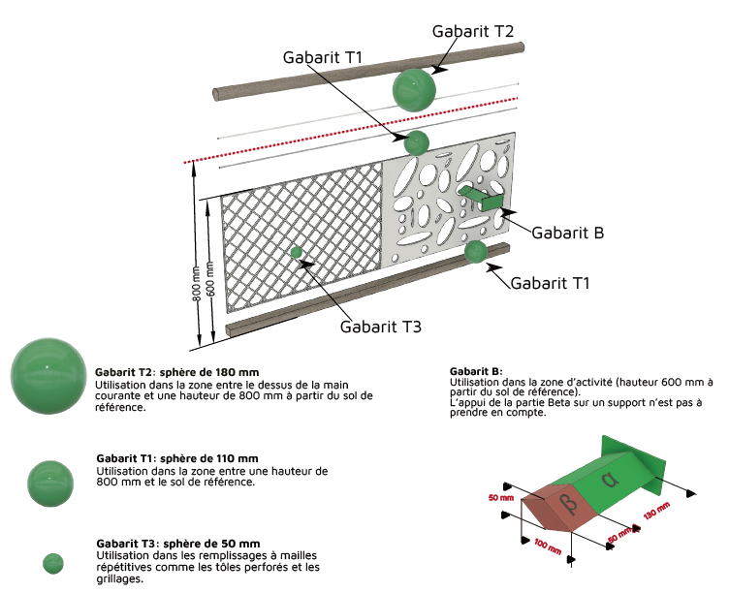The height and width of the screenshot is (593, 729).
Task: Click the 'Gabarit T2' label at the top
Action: [x=473, y=31]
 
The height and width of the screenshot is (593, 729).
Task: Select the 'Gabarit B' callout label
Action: [x=567, y=233]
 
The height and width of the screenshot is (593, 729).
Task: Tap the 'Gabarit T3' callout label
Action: [x=380, y=327]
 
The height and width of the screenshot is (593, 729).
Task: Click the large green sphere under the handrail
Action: [x=415, y=90]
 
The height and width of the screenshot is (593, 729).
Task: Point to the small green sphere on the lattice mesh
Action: [x=298, y=253]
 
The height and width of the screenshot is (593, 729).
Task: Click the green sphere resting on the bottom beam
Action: [x=475, y=252]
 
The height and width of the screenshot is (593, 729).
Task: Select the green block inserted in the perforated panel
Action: [x=482, y=199]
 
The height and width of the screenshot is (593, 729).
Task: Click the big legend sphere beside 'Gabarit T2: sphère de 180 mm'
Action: [x=48, y=375]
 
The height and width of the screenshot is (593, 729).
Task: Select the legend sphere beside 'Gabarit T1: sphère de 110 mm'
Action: [x=50, y=484]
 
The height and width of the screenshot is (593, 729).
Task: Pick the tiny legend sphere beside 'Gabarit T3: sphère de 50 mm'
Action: [x=53, y=563]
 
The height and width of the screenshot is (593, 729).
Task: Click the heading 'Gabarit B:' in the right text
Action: [x=476, y=371]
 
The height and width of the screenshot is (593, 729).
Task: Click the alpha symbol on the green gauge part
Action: [x=609, y=480]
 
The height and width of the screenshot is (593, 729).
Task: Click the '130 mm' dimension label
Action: [x=657, y=510]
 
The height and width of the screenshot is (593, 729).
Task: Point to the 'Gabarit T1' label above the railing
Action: [x=323, y=57]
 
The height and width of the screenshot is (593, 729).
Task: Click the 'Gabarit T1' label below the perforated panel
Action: [x=550, y=283]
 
